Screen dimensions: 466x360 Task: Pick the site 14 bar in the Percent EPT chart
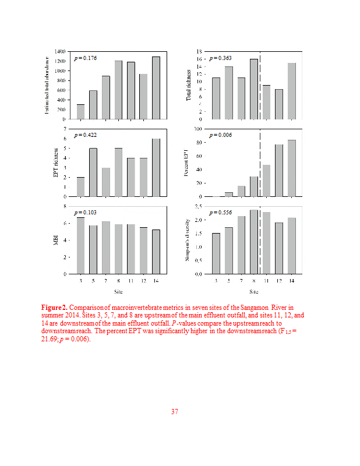pos(291,168)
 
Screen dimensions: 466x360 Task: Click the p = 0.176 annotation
pos(85,58)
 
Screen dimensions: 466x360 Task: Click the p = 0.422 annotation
pos(85,135)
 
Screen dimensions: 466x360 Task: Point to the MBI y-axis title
pos(57,240)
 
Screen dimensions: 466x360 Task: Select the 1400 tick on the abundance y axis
pos(59,51)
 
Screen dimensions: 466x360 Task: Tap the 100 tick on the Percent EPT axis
pos(198,129)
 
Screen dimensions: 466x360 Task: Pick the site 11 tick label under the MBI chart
pos(130,280)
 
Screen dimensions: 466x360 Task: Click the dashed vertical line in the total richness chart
pos(260,85)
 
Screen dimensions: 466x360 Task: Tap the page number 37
pos(174,412)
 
